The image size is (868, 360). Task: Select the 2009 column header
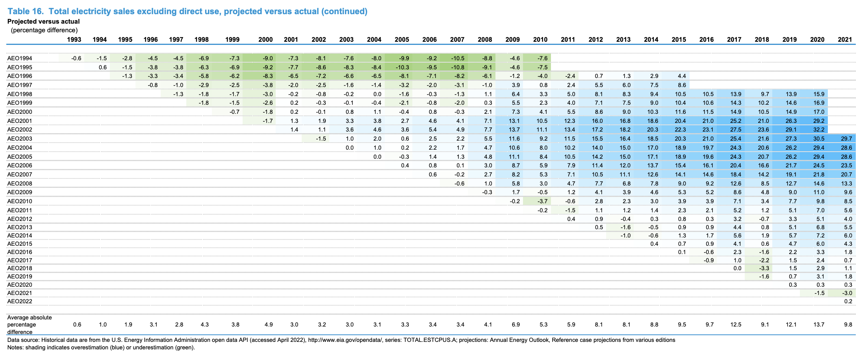click(x=512, y=39)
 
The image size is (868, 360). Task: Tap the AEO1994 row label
click(x=20, y=58)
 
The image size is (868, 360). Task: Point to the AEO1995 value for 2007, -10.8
click(x=457, y=67)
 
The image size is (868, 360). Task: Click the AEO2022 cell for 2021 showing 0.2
click(x=848, y=301)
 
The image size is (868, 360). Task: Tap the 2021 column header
click(x=845, y=39)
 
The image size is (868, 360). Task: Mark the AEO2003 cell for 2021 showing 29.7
click(x=845, y=139)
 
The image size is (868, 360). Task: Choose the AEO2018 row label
click(x=20, y=268)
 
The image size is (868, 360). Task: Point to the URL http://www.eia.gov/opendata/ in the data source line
click(x=345, y=340)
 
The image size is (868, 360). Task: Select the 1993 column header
click(x=74, y=39)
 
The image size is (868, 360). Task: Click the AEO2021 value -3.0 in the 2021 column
click(x=847, y=293)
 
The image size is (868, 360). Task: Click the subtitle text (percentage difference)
click(x=44, y=30)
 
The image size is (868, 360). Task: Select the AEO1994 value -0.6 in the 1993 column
click(x=76, y=58)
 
